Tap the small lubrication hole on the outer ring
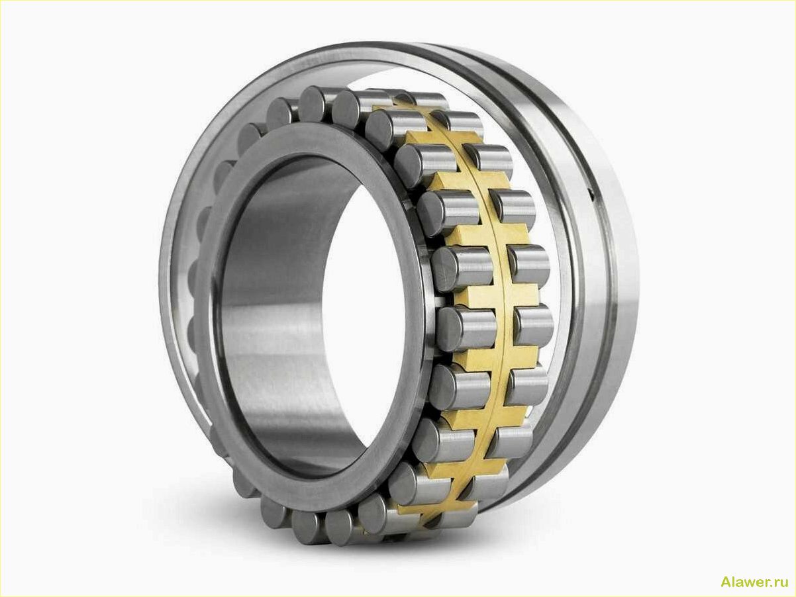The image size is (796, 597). pos(590,193)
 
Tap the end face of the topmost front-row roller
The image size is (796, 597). pos(314,103)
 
